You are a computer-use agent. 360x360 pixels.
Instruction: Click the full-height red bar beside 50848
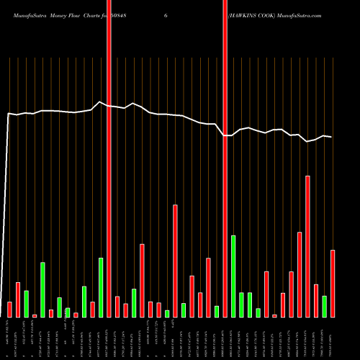[x=109, y=158]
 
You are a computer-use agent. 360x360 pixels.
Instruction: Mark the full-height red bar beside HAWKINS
[x=225, y=158]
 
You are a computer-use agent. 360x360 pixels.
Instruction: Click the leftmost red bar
[x=9, y=310]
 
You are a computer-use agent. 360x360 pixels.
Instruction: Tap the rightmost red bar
[x=333, y=283]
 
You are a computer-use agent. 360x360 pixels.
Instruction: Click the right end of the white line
[x=332, y=137]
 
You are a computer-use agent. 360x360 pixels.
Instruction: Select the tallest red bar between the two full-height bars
[x=175, y=261]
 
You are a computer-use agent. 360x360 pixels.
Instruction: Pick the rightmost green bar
[x=325, y=306]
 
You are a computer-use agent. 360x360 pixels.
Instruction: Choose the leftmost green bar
[x=26, y=304]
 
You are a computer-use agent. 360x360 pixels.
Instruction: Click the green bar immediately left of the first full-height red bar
[x=101, y=287]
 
